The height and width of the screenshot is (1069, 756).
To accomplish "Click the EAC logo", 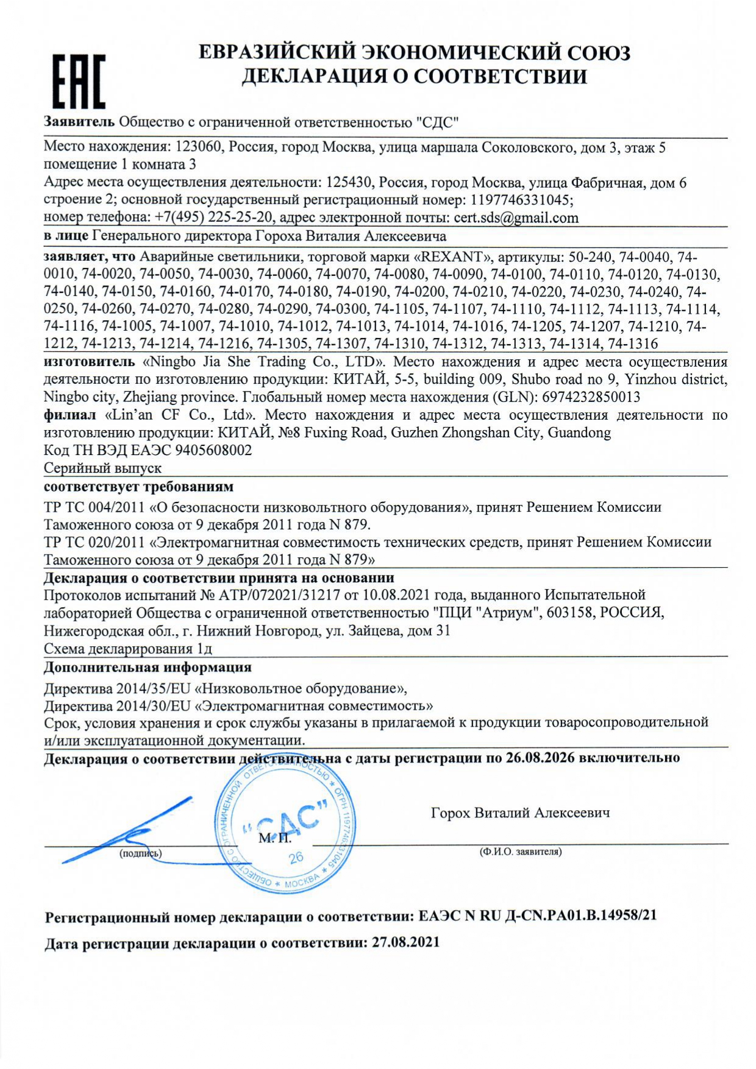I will click(78, 81).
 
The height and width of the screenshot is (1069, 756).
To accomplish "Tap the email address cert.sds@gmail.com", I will click(516, 218).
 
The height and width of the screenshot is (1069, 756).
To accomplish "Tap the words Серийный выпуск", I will click(102, 468).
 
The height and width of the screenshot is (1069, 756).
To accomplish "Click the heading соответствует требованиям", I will click(138, 487).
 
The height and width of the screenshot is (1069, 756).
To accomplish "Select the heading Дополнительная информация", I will click(148, 668).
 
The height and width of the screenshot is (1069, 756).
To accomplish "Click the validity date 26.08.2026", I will click(540, 758).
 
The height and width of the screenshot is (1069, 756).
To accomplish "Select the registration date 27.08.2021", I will click(405, 942).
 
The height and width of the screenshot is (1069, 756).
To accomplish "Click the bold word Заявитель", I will click(79, 122).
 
